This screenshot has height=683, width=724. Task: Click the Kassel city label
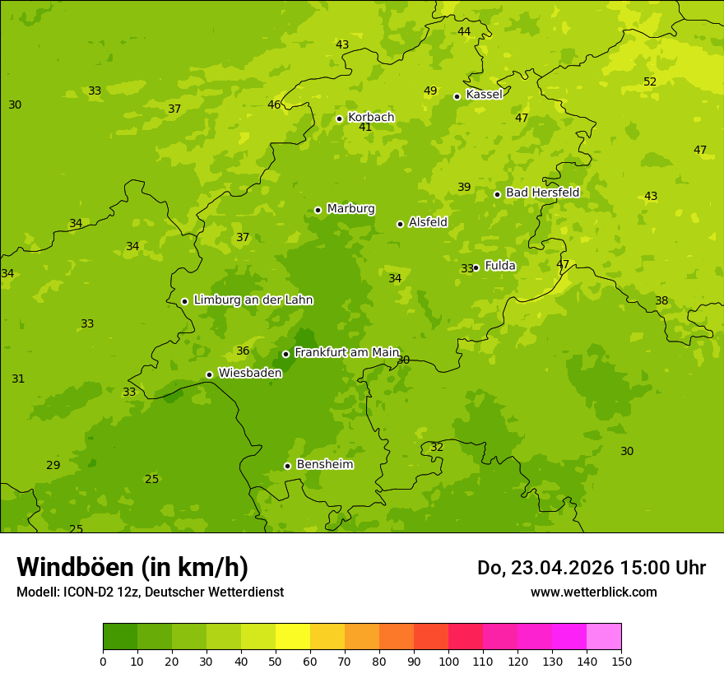click(484, 95)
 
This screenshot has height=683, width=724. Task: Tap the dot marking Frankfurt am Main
click(285, 354)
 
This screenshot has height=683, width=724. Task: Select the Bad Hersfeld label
click(542, 193)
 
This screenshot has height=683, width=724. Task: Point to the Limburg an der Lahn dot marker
click(184, 301)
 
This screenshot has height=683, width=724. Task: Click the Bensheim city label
click(324, 464)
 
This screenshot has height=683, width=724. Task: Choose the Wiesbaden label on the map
click(249, 373)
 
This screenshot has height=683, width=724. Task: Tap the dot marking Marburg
click(318, 210)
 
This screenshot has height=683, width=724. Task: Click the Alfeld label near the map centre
click(428, 222)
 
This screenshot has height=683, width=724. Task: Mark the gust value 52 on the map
click(650, 81)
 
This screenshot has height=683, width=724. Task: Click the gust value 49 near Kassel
click(430, 91)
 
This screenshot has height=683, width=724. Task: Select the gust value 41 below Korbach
click(365, 128)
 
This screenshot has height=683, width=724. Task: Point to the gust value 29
click(53, 465)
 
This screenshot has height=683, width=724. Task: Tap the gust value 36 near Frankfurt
click(243, 351)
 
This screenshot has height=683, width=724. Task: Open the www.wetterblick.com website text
click(593, 592)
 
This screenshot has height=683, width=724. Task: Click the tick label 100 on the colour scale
click(448, 661)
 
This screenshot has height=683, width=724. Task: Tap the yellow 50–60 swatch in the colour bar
click(293, 637)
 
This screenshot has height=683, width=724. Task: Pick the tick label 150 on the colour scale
click(621, 661)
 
